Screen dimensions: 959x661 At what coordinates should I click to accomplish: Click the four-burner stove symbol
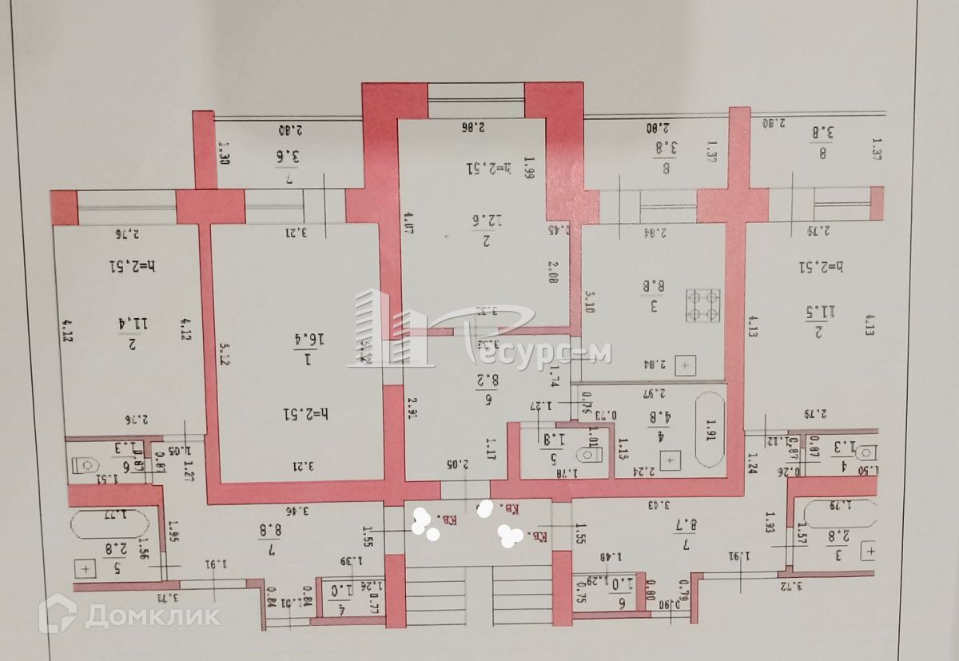tap(703, 305)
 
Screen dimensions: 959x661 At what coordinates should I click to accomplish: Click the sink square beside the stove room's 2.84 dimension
tap(686, 367)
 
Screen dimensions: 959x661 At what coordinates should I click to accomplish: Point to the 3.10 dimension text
tap(590, 303)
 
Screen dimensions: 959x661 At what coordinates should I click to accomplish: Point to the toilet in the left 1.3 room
tap(85, 464)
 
